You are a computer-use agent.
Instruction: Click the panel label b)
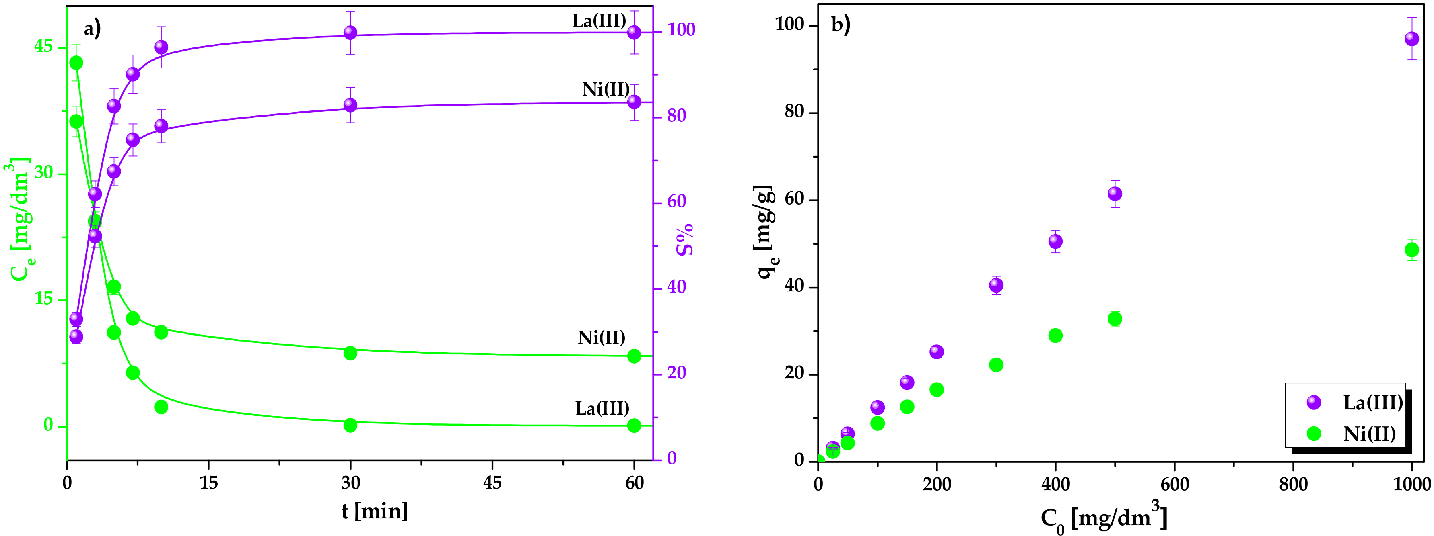coord(841,25)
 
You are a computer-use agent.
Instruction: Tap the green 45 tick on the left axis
coord(43,47)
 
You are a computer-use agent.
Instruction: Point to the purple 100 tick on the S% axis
coord(681,30)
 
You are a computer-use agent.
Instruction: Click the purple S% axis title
coord(685,239)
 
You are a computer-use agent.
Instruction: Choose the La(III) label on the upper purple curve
coord(599,21)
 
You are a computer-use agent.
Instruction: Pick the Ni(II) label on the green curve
coord(601,338)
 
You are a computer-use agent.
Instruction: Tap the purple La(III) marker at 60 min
coord(633,32)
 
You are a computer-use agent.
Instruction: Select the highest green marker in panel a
coord(76,63)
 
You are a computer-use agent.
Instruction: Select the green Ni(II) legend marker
coord(1314,434)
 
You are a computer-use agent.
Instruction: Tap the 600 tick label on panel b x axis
coord(1174,484)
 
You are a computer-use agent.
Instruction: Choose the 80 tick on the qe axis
coord(794,113)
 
